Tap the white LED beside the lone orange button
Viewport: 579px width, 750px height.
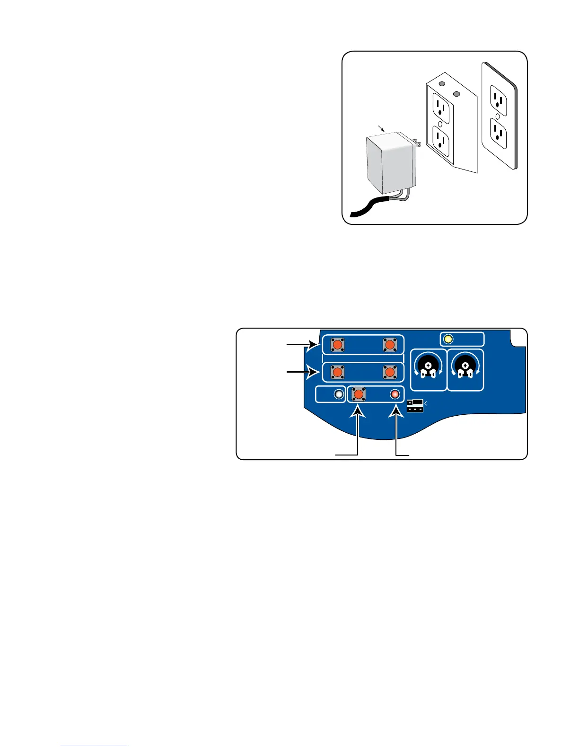[338, 394]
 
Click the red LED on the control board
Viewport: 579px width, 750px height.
[395, 394]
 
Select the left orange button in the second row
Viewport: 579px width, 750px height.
[337, 372]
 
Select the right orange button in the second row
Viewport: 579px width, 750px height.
[389, 372]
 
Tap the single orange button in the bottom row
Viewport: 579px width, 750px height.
[358, 394]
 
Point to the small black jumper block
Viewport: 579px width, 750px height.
[414, 405]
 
